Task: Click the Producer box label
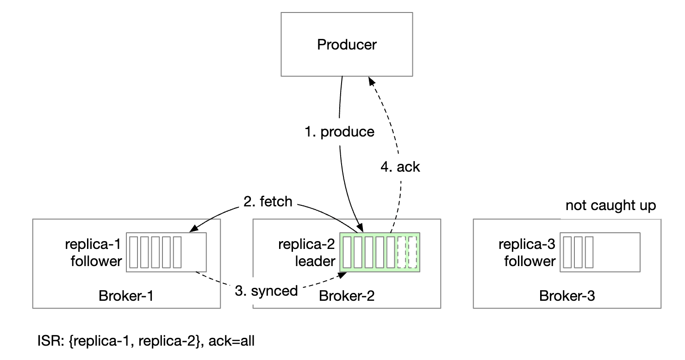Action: click(x=347, y=45)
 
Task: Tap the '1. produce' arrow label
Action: click(x=340, y=132)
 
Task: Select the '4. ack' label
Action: click(x=400, y=167)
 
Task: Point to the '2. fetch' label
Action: click(x=268, y=202)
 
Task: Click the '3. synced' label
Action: click(x=266, y=291)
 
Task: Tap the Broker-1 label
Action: click(x=126, y=296)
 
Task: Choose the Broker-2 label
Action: click(x=347, y=296)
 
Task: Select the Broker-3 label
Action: click(x=567, y=296)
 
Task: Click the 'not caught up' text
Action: click(x=610, y=205)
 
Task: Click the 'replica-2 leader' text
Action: click(x=307, y=253)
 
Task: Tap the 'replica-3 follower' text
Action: click(x=529, y=253)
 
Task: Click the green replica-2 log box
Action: click(x=380, y=252)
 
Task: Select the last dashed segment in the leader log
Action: click(x=413, y=252)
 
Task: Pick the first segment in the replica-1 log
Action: click(x=133, y=252)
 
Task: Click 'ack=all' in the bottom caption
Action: click(x=231, y=342)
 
